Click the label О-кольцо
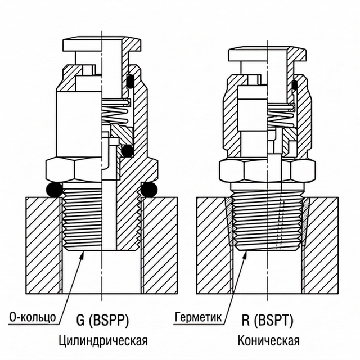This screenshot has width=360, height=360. (x=33, y=317)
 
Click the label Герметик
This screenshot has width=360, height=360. (x=197, y=317)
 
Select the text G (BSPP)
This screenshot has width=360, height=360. (x=102, y=321)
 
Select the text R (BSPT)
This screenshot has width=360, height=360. (x=269, y=321)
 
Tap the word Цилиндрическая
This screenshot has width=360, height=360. (x=102, y=341)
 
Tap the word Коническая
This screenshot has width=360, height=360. (x=268, y=341)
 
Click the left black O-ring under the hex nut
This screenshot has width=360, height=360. (x=55, y=190)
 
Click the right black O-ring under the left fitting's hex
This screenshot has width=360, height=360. (x=148, y=190)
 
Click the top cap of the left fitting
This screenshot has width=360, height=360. (x=101, y=44)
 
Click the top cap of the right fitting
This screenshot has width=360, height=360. (x=267, y=55)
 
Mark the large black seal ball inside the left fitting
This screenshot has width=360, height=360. (x=128, y=151)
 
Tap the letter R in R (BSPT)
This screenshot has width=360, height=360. (x=246, y=321)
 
